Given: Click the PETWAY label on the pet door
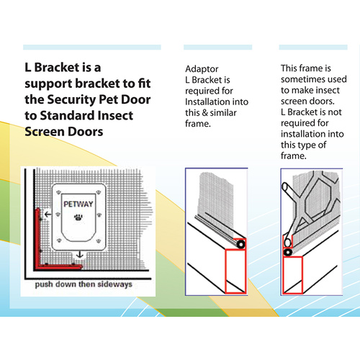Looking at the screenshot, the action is [78, 204].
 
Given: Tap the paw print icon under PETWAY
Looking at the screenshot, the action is [78, 217].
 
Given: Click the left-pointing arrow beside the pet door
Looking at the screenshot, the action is [48, 214].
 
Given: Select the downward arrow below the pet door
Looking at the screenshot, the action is [79, 255].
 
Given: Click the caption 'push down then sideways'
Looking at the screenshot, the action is [84, 284].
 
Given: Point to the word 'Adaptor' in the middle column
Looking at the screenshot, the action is [202, 69].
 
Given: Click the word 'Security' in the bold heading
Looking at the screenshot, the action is [71, 99].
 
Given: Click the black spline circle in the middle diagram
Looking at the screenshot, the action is [240, 245].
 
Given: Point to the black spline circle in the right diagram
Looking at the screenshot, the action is [287, 252].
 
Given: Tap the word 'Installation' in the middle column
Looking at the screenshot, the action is [204, 102].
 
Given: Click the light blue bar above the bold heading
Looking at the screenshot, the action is [92, 47].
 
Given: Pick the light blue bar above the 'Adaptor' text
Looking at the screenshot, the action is [217, 47].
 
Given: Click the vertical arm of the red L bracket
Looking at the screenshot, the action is [37, 238].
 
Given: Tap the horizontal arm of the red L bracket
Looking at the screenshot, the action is [59, 266].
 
